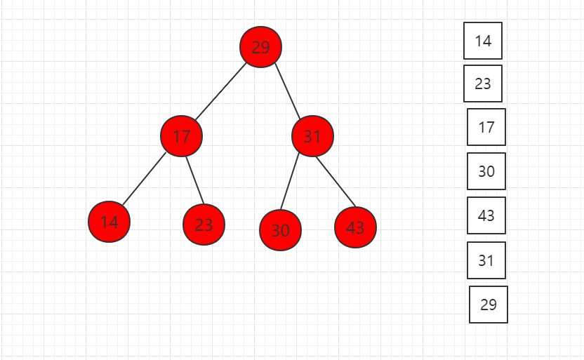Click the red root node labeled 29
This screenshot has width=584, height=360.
(260, 47)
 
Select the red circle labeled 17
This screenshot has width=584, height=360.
(181, 136)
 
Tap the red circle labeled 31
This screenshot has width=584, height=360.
(312, 136)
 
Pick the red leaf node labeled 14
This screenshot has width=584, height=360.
(109, 222)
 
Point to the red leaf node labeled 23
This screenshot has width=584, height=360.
(204, 225)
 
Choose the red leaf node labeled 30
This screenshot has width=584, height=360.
(281, 230)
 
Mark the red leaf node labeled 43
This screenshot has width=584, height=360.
(355, 227)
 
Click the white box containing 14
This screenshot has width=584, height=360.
(483, 41)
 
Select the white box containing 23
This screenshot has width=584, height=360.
(483, 84)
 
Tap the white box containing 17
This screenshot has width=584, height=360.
(486, 127)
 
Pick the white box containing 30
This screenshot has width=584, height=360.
(486, 171)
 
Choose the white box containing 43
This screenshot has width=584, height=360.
(486, 215)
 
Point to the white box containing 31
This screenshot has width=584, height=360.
(486, 260)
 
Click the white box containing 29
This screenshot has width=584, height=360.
(489, 305)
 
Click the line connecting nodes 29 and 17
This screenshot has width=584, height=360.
(221, 92)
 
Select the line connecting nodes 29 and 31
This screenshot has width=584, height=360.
(287, 91)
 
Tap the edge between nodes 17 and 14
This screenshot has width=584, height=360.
(144, 179)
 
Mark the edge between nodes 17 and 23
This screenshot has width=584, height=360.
(195, 180)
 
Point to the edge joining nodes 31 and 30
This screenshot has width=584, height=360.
(290, 181)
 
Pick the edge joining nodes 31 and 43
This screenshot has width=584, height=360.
(336, 182)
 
